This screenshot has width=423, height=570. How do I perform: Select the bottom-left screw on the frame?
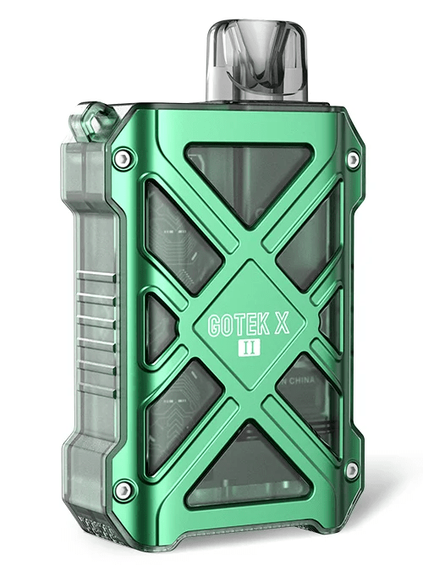[124, 488]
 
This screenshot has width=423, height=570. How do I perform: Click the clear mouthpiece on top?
[250, 59]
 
